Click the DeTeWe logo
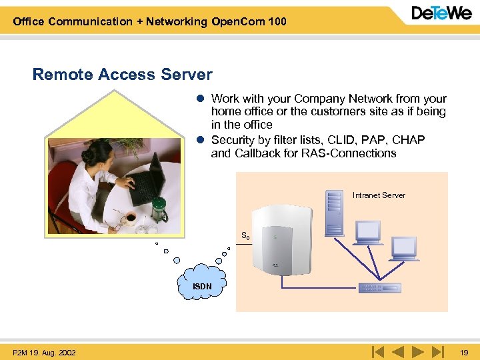441,13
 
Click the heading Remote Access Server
122,75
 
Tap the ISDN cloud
202,285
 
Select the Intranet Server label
379,195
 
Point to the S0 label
245,235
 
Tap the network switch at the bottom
379,288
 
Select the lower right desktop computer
405,249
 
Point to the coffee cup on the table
129,217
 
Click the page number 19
464,352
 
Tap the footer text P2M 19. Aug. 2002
44,352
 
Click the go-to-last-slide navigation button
437,351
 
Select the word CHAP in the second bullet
408,140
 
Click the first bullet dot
199,99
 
